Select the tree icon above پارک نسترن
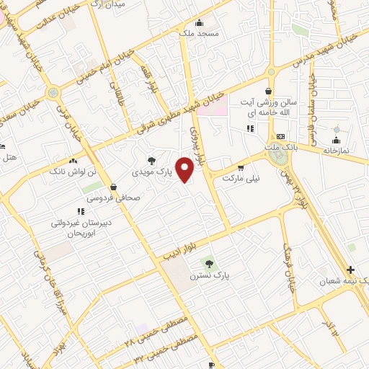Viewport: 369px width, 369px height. pyautogui.click(x=209, y=264)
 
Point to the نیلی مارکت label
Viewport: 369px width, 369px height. pyautogui.click(x=241, y=177)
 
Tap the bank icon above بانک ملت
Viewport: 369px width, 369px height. pyautogui.click(x=280, y=137)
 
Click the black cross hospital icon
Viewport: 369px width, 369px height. pyautogui.click(x=351, y=268)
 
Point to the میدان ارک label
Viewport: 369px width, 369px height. pyautogui.click(x=105, y=4)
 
